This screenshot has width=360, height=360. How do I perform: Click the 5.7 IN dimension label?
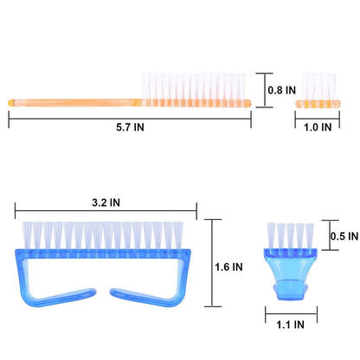click(130, 127)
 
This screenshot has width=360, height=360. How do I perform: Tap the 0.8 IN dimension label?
click(282, 90)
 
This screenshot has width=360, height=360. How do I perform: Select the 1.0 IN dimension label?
click(318, 127)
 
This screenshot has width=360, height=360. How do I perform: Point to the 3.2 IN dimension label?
click(106, 202)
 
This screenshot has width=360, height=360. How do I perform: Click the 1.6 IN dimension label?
click(228, 267)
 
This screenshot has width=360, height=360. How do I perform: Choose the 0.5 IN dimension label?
click(344, 236)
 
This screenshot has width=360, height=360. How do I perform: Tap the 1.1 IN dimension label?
click(290, 325)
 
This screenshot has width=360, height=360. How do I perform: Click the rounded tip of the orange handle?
click(11, 103)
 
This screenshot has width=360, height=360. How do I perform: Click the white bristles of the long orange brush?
click(194, 87)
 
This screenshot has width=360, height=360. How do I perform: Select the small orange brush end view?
click(318, 91)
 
